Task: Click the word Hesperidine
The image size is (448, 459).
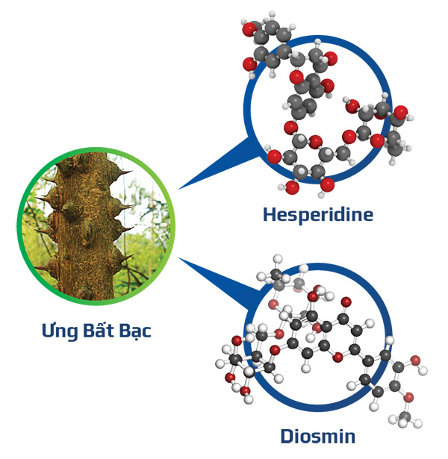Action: coord(318,214)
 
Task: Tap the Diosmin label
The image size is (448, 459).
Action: coord(318,436)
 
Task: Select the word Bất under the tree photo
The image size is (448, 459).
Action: coord(99,329)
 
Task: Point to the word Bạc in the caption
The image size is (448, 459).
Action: coord(135,331)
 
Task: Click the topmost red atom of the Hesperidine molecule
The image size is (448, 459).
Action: coord(250,29)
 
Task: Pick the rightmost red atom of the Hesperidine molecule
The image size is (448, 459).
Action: coord(400,113)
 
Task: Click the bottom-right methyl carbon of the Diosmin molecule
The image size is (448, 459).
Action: coord(405,416)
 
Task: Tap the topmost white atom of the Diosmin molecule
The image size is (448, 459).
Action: coord(278,259)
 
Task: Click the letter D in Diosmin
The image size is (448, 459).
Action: coord(287,436)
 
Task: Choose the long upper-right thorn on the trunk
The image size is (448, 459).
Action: coord(121,172)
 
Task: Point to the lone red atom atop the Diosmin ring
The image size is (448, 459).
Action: coord(346,302)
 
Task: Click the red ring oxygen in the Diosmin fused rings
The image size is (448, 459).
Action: coord(338,357)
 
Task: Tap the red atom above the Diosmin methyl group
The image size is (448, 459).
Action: coord(408,397)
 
